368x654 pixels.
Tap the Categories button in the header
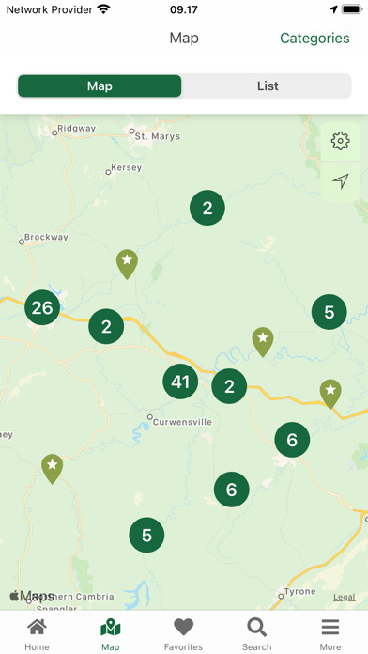pyautogui.click(x=314, y=39)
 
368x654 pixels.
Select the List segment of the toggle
pyautogui.click(x=268, y=86)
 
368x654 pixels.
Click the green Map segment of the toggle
pyautogui.click(x=100, y=86)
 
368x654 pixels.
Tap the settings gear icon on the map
pyautogui.click(x=340, y=141)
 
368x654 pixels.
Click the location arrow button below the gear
pyautogui.click(x=340, y=180)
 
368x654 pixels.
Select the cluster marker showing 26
pyautogui.click(x=42, y=307)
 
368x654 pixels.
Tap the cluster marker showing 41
pyautogui.click(x=180, y=381)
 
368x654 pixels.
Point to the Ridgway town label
pyautogui.click(x=76, y=129)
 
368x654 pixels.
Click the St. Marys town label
pyautogui.click(x=156, y=136)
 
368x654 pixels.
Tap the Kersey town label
pyautogui.click(x=126, y=168)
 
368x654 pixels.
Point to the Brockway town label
pyautogui.click(x=46, y=238)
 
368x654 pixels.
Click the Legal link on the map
pyautogui.click(x=345, y=597)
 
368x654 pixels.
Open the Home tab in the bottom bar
pyautogui.click(x=37, y=634)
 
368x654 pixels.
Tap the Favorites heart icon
pyautogui.click(x=183, y=628)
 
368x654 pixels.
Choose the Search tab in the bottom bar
pyautogui.click(x=256, y=634)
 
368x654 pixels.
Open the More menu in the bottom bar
pyautogui.click(x=330, y=634)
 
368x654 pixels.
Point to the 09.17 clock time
pyautogui.click(x=183, y=8)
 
